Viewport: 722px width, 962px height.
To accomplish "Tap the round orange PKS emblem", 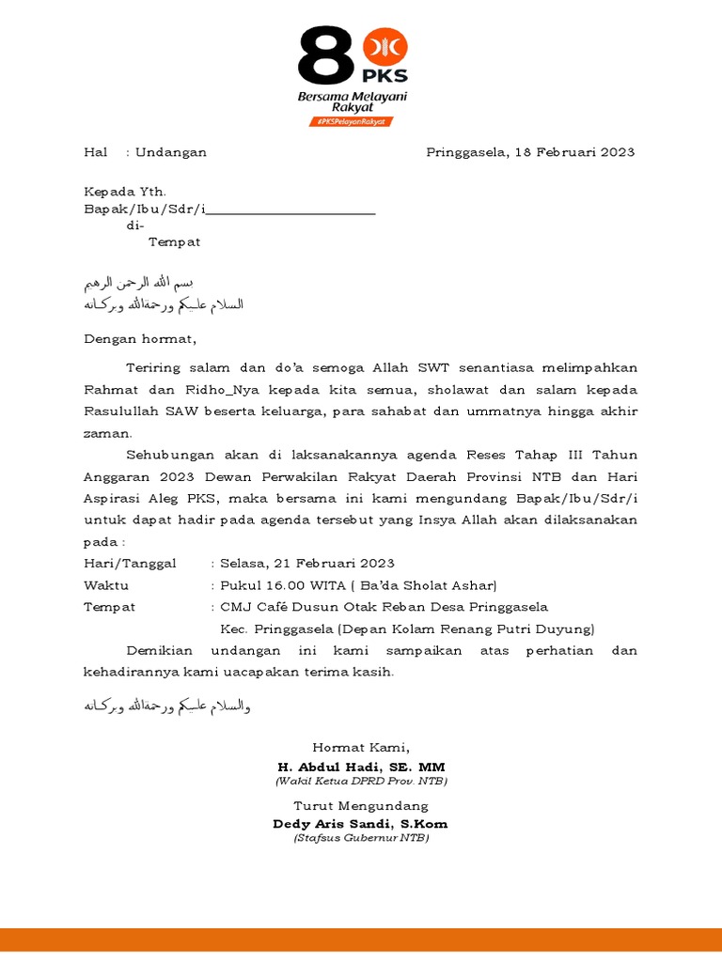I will pos(385,47).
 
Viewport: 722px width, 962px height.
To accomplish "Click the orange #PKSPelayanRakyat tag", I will pos(352,122).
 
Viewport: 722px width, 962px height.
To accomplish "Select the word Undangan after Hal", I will pos(171,152).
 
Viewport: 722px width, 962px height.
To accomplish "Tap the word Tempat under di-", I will pos(175,241).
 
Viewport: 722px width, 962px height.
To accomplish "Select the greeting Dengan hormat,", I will pos(140,338).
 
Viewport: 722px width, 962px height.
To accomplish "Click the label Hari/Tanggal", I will pos(130,563).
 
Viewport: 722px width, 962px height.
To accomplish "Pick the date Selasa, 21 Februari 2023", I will pos(307,563).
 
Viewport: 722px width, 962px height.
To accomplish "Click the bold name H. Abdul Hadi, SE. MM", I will pos(361,767).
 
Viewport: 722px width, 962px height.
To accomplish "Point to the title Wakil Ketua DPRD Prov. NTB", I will pos(361,781).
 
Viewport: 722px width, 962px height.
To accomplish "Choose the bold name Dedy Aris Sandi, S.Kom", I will pos(361,824).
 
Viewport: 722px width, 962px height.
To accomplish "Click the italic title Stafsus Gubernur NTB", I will pos(361,837).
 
